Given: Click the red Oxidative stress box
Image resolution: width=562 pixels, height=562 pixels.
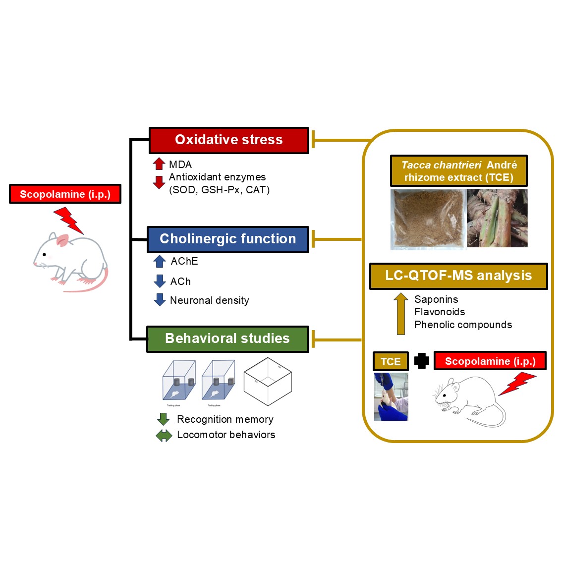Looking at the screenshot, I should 228,140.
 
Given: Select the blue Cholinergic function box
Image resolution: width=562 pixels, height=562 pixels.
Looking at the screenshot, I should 227,239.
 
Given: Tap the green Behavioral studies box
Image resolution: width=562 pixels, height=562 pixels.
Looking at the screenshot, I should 227,339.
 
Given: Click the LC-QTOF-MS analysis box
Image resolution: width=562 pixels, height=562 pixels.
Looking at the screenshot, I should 458,276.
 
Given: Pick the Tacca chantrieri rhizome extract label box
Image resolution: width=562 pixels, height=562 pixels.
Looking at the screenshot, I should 459,171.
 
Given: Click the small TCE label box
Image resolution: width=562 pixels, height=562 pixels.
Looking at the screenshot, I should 391,361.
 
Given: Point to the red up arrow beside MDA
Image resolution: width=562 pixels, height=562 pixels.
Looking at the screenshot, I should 159,164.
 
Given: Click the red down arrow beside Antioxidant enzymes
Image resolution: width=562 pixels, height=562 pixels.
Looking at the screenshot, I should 159,182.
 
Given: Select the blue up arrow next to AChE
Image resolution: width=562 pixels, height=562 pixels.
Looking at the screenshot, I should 160,261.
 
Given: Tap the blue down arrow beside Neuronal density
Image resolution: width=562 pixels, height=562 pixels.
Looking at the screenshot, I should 160,300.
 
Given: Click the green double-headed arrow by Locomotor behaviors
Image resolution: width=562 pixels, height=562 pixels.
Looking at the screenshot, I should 164,435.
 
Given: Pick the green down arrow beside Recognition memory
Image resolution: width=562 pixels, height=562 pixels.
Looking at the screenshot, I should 163,419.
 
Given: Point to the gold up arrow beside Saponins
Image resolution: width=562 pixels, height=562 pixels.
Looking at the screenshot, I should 400,313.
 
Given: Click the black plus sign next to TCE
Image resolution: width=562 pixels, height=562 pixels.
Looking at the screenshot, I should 421,361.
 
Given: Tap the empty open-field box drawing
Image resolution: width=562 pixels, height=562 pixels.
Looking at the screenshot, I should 268,381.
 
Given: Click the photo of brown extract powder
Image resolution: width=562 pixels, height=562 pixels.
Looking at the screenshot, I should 428,219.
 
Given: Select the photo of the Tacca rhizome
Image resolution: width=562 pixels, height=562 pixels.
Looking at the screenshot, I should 497,218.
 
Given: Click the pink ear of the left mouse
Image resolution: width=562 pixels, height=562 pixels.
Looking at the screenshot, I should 62,241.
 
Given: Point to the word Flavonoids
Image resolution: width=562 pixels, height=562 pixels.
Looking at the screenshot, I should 440,312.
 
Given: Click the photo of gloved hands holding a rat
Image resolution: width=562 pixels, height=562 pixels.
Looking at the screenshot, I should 391,397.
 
